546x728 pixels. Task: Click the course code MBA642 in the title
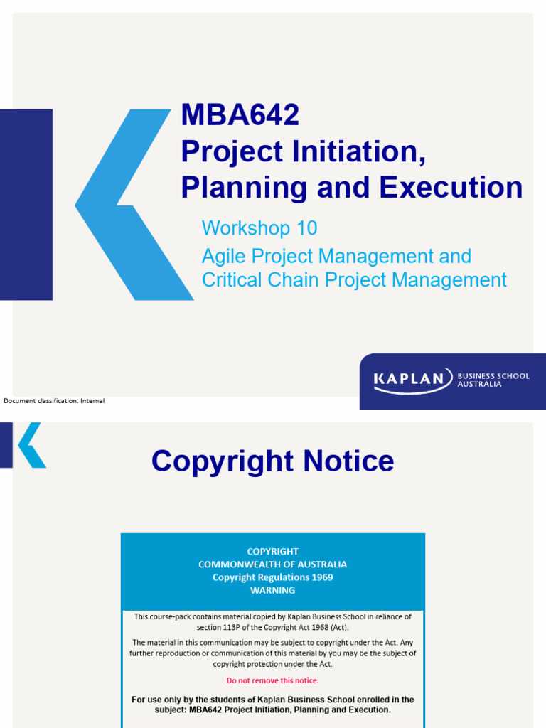(240, 115)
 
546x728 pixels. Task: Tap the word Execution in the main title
(451, 187)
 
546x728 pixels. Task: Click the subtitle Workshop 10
(259, 228)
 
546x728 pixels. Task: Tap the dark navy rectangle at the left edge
(26, 205)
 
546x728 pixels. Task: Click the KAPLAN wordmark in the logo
(413, 380)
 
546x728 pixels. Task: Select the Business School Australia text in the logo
(493, 380)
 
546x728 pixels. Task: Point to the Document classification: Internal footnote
(54, 401)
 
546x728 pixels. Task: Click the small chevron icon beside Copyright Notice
(31, 445)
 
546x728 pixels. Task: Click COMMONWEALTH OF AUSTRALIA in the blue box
(273, 564)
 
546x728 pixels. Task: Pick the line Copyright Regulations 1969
(273, 577)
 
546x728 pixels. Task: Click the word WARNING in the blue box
(273, 590)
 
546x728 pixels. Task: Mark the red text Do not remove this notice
(273, 680)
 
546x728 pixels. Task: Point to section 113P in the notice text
(218, 628)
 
